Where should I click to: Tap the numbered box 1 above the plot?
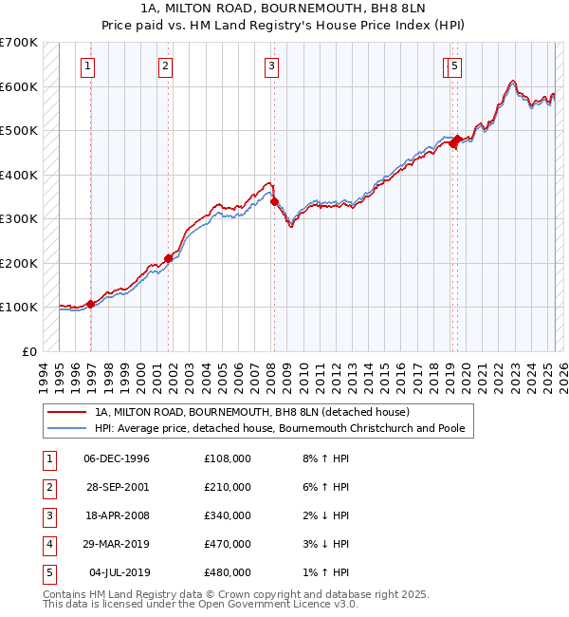tap(87, 66)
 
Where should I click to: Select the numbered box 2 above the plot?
tap(165, 66)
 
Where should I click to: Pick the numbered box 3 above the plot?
tap(271, 66)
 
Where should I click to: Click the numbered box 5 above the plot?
tap(455, 66)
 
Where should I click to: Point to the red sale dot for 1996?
tap(90, 304)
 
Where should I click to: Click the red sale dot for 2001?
tap(169, 258)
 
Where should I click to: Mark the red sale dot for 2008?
tap(274, 201)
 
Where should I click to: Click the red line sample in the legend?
tap(66, 412)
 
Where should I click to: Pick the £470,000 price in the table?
tap(228, 544)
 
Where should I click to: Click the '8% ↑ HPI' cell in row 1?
tap(325, 458)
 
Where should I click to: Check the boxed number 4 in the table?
tap(47, 544)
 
